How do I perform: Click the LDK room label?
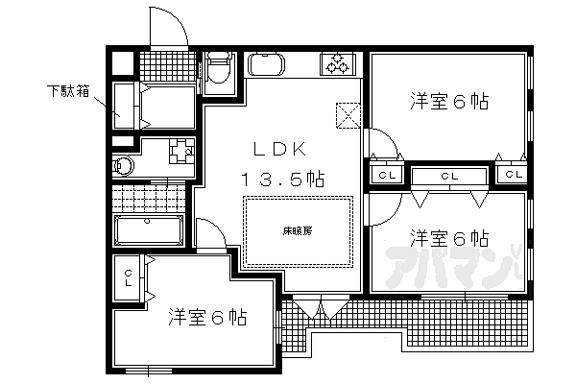coord(278,150)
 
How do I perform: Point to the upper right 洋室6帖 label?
coord(448,101)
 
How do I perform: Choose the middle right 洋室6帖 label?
coord(449,236)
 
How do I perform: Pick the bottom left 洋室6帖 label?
coord(207,316)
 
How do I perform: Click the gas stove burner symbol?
coord(337,63)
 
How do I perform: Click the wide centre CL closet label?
coord(448,176)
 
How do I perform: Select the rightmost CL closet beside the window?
coord(513,175)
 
